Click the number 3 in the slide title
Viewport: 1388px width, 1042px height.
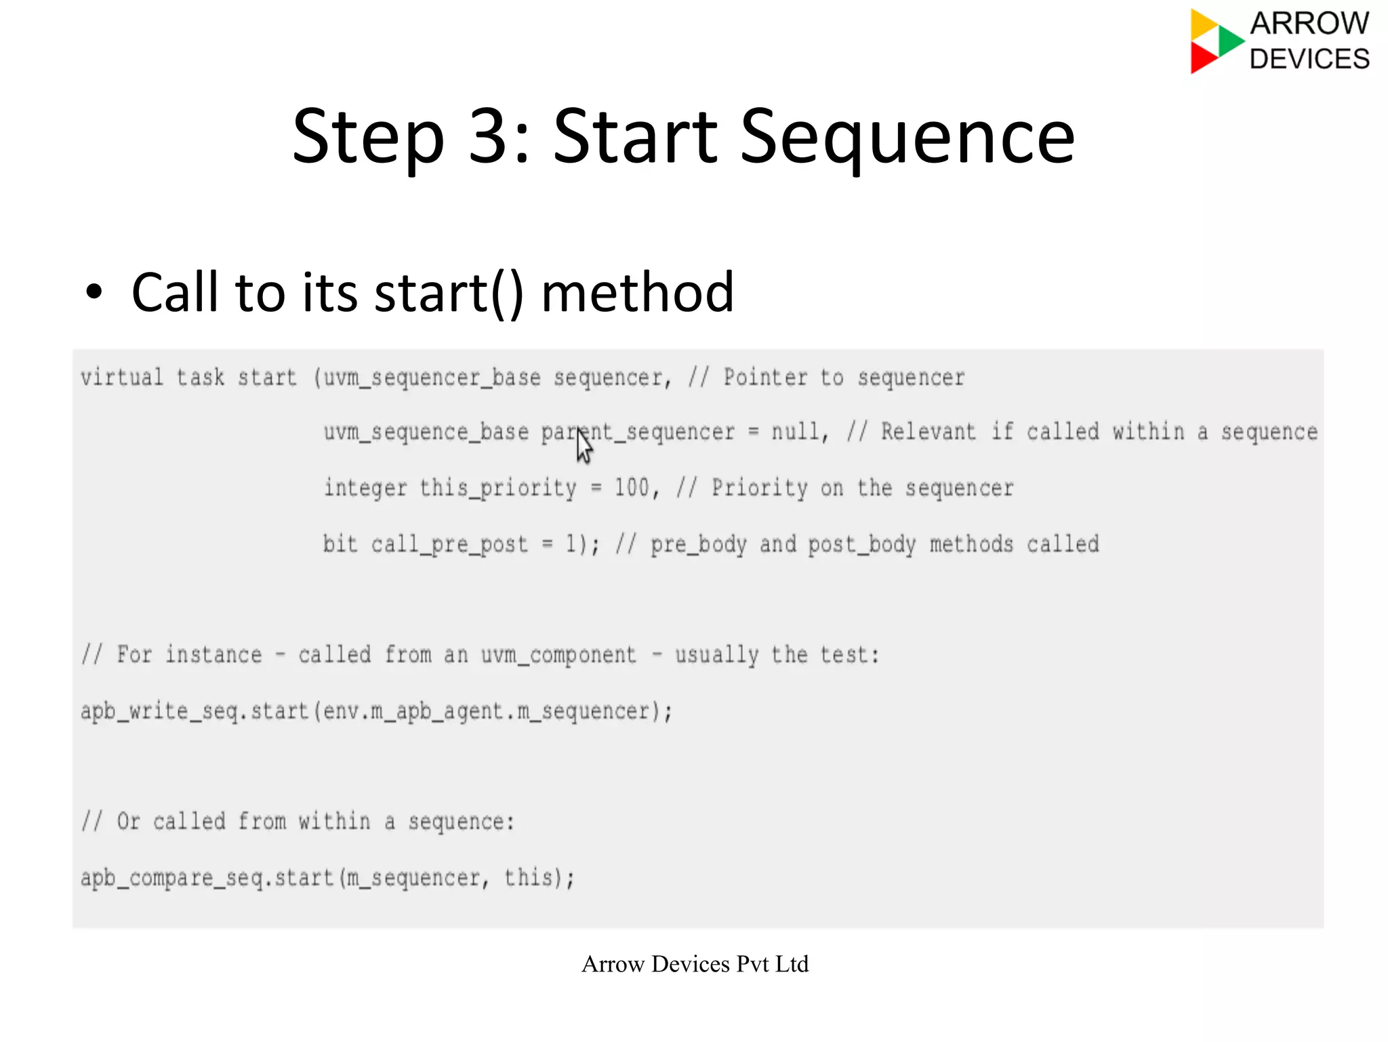coord(490,137)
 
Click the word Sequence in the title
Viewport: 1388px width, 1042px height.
coord(907,138)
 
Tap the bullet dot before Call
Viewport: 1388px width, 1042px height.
coord(94,293)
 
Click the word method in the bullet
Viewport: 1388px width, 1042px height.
coord(637,292)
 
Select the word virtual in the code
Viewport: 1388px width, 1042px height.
coord(122,377)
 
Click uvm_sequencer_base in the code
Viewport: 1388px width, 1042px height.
coord(432,378)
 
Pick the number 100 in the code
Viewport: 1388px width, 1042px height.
coord(632,487)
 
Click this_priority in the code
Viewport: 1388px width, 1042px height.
coord(497,488)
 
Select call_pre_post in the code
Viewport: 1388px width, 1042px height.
coord(449,544)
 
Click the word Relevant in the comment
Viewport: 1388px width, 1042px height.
coord(928,432)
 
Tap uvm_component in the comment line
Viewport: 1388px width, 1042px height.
coord(558,655)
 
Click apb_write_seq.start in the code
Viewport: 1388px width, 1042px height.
coord(195,711)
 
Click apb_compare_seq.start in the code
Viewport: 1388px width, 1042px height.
coord(207,878)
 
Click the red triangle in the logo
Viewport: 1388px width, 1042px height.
coord(1203,58)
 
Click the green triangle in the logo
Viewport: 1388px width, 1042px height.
coord(1229,41)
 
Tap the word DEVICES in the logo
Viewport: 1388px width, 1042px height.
coord(1309,59)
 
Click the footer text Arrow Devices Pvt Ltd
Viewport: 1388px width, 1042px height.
coord(695,964)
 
